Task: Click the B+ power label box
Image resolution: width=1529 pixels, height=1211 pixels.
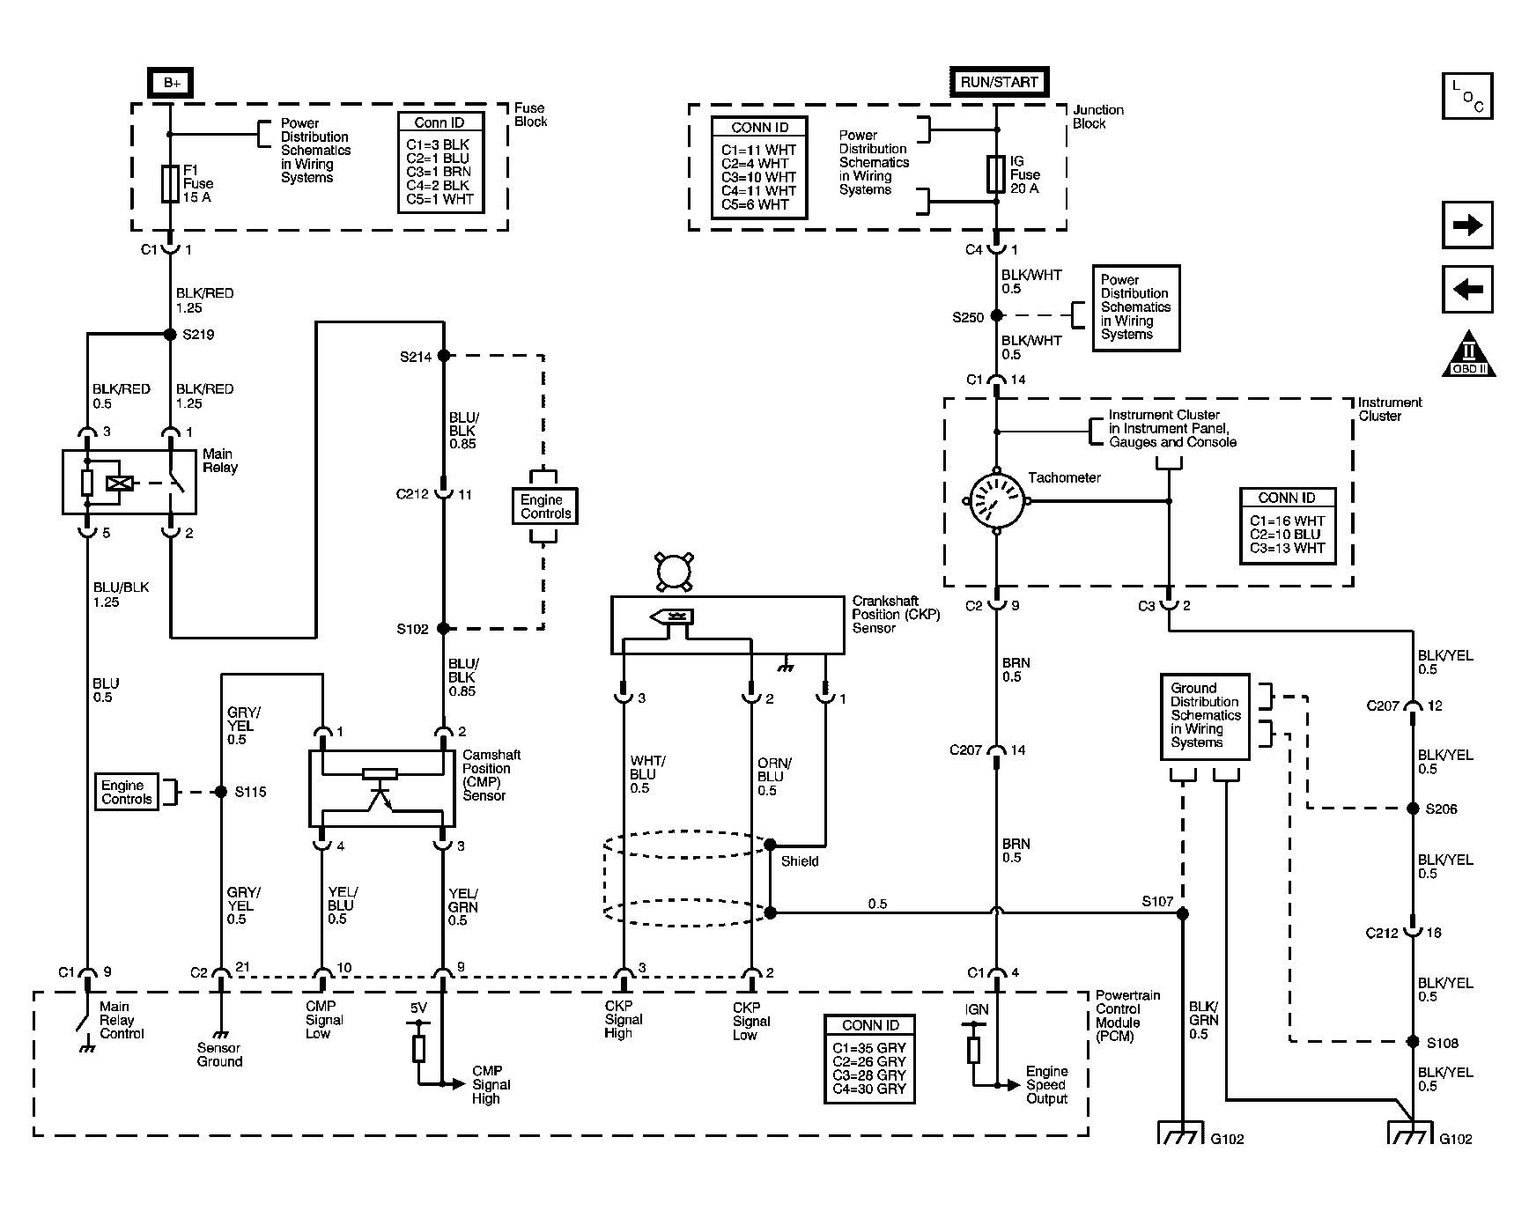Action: (x=171, y=83)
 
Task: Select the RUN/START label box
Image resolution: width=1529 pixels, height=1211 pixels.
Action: (x=999, y=82)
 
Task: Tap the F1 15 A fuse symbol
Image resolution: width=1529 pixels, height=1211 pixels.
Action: (x=170, y=183)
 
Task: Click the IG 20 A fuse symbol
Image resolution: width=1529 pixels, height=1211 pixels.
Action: (x=997, y=174)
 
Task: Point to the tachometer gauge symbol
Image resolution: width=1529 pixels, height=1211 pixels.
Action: (x=997, y=501)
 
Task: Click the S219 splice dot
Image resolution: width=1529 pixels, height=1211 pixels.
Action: (x=170, y=335)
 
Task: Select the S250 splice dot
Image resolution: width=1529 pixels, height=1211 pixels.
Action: (x=997, y=315)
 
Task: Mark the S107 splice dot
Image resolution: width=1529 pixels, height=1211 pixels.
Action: (x=1183, y=914)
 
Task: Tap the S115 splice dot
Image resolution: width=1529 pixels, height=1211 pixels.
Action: (x=221, y=792)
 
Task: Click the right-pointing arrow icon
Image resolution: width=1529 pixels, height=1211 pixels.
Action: (x=1467, y=225)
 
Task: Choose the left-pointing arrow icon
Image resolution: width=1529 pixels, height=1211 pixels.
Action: (x=1467, y=289)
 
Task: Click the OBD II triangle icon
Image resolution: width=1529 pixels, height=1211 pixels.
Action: (x=1468, y=354)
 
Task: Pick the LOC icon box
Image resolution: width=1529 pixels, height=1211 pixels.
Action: (x=1467, y=96)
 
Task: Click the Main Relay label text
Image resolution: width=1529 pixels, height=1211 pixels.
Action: (x=219, y=461)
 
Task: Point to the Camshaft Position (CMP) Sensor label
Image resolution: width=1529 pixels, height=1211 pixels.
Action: (x=491, y=775)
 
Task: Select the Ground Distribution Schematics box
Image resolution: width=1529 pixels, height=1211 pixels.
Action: (x=1205, y=715)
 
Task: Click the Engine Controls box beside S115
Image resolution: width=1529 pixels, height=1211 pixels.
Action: (x=127, y=792)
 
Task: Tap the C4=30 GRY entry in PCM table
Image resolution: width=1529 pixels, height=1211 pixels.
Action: (x=869, y=1089)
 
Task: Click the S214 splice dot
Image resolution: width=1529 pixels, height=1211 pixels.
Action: (x=444, y=356)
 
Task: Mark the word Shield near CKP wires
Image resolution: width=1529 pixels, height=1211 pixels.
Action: (x=800, y=861)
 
